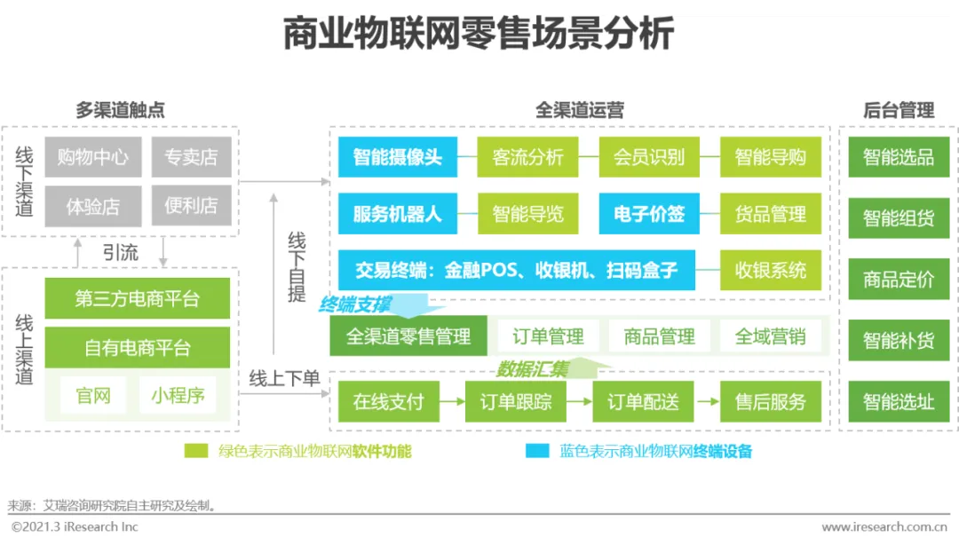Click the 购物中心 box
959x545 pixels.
pos(92,157)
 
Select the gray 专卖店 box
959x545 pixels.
pos(191,157)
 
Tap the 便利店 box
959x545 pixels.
pos(191,206)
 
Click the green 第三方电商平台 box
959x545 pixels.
pos(137,298)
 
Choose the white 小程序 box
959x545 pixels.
pos(177,395)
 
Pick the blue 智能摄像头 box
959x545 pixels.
pos(397,157)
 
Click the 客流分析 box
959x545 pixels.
pos(527,157)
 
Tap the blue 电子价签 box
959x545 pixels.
pos(649,214)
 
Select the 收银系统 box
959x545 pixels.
pos(771,270)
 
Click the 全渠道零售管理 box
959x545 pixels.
pos(408,336)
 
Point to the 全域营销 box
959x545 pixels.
pos(770,336)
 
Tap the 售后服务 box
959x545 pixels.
pos(771,402)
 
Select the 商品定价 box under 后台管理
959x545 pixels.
pos(899,279)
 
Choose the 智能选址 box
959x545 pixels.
pos(899,401)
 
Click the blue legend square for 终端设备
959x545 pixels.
pos(537,451)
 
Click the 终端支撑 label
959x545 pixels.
pos(354,304)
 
